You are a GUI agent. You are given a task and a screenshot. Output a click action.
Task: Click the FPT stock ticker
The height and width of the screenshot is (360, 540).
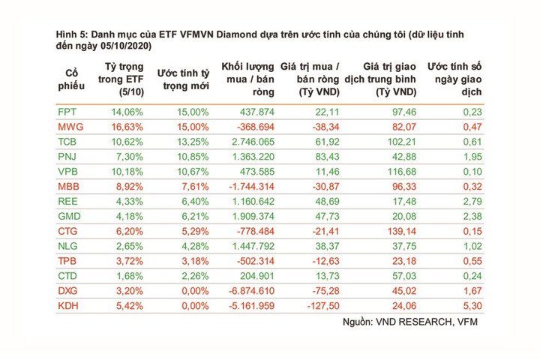coord(67,112)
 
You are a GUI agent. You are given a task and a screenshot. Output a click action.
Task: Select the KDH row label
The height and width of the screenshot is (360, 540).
coord(68,306)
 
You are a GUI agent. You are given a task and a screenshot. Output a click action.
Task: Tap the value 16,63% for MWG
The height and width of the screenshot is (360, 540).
coord(127,127)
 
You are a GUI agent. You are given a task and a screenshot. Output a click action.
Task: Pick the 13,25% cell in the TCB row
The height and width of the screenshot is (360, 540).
coord(193,142)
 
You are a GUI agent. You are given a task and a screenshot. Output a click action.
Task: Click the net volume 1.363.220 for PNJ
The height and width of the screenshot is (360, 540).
coord(253,157)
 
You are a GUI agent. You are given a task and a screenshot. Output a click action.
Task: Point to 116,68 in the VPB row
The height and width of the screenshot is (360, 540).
coord(402,172)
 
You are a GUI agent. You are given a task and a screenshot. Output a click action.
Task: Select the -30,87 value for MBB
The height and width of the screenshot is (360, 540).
coord(325,187)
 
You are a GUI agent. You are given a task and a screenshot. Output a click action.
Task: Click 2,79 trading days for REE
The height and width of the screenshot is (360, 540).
coord(472,202)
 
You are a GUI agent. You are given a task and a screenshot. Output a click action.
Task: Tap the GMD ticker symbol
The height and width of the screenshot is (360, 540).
coord(69,216)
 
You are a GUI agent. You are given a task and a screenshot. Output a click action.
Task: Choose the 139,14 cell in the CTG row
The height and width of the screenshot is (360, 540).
coord(402,232)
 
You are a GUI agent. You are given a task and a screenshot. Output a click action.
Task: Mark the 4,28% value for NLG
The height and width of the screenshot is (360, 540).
coord(195,246)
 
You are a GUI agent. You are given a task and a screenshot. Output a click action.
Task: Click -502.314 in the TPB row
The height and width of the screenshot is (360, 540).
coord(256,261)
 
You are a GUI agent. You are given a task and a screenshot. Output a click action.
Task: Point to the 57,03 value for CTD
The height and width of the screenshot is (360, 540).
coord(404,276)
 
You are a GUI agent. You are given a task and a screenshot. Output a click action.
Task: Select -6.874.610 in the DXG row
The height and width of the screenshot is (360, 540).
coord(252,291)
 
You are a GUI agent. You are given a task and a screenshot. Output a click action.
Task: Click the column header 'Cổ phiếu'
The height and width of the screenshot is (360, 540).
coord(71,79)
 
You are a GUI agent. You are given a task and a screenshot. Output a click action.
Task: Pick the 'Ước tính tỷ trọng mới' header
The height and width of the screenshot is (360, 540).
coord(184,79)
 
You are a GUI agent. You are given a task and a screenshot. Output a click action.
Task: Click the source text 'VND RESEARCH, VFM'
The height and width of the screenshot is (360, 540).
coord(427,322)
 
